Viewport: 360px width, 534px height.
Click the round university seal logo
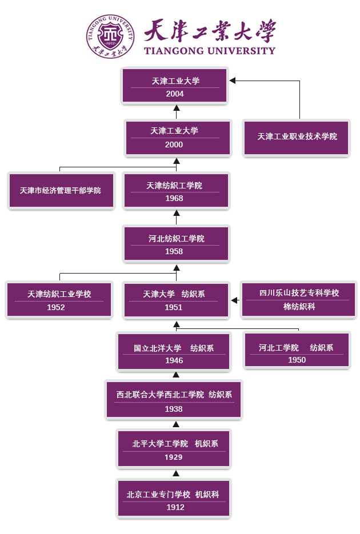(110, 36)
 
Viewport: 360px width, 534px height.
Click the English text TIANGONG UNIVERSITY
(209, 51)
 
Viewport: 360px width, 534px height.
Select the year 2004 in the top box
(175, 94)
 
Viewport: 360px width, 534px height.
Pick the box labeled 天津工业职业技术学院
(297, 137)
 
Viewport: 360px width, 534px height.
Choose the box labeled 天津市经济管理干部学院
(61, 190)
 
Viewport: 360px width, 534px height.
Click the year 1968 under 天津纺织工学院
(174, 198)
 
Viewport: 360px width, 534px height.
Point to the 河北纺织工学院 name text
(176, 239)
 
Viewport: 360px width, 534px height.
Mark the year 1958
(174, 251)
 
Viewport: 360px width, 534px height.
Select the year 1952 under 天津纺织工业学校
(56, 307)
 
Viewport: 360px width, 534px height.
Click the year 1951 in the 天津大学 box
(174, 307)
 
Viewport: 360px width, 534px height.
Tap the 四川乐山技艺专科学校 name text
(299, 293)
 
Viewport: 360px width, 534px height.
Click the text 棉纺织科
(299, 307)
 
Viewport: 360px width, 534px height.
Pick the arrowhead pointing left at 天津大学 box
(234, 300)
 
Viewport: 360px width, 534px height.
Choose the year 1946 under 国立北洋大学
(174, 360)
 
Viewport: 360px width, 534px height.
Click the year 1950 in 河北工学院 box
(297, 360)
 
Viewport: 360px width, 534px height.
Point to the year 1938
(174, 409)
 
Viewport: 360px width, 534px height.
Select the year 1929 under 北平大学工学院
(174, 457)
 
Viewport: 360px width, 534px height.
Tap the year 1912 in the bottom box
(175, 507)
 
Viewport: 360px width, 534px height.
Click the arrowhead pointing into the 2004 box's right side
(233, 81)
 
